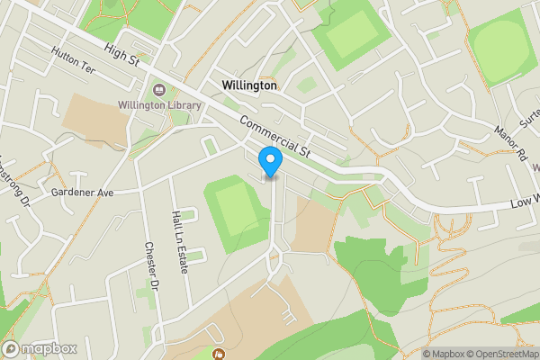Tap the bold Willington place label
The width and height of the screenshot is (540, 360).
tap(249, 85)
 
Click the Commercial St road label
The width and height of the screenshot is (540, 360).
tap(274, 138)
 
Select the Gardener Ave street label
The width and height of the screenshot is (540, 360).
tap(83, 193)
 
